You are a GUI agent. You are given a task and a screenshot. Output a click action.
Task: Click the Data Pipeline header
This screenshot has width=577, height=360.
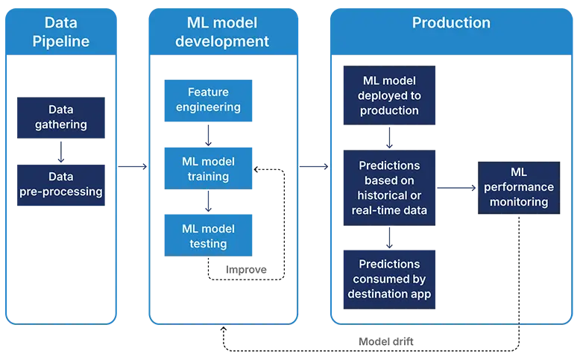(x=60, y=32)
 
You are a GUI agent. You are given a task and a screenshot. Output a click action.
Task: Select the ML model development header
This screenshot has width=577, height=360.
(x=208, y=32)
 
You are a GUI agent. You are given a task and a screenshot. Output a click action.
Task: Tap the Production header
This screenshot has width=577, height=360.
(x=451, y=23)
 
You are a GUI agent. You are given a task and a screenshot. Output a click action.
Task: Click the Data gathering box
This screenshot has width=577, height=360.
(x=60, y=117)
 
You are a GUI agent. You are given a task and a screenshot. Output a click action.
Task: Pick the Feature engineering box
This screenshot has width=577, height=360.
(x=208, y=99)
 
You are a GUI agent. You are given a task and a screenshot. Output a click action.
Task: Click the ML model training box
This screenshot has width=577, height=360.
(x=208, y=169)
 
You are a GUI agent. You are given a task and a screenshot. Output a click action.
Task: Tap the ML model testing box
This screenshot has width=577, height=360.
(x=208, y=236)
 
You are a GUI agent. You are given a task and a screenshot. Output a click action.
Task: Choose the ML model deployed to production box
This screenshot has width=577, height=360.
(x=390, y=95)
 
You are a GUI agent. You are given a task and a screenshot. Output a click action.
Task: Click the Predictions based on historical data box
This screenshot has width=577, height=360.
(x=390, y=188)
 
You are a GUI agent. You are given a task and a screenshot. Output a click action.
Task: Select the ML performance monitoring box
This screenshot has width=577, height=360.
(x=518, y=187)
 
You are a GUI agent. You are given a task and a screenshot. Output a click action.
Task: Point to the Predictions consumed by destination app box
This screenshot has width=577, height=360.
(x=390, y=279)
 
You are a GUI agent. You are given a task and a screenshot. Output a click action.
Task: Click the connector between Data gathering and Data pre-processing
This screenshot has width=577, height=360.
(x=60, y=151)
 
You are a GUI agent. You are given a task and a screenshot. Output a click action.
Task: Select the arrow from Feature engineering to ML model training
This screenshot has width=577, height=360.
(x=209, y=134)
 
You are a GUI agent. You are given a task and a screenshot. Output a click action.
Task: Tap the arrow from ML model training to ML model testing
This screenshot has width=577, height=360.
(x=209, y=201)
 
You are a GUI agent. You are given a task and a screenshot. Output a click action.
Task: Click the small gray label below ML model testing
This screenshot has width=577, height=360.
(x=247, y=268)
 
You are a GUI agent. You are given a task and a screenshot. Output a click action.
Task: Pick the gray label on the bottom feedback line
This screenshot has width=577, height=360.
(x=388, y=341)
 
